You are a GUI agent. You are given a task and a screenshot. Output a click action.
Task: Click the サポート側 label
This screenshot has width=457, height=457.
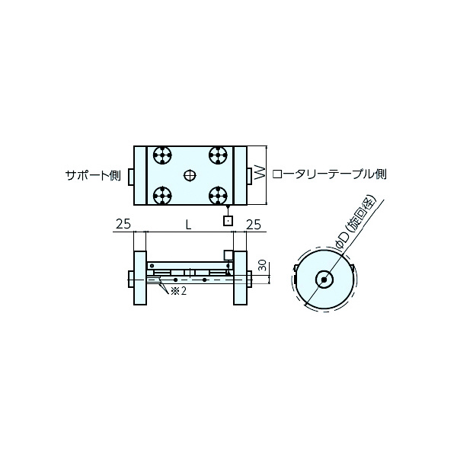(x=94, y=174)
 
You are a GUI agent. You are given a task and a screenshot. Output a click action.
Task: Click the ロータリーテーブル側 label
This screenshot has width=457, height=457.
(x=329, y=174)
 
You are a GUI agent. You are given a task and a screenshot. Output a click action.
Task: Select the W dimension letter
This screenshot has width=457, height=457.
(x=259, y=174)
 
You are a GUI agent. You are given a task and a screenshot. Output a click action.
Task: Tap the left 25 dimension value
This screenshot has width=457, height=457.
(x=123, y=224)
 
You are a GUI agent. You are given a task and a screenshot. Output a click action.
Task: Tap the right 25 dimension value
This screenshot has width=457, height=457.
(x=254, y=224)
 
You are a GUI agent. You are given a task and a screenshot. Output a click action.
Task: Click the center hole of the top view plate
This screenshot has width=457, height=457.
(x=190, y=175)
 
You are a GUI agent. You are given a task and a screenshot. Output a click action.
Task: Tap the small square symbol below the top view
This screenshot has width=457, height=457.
(x=226, y=221)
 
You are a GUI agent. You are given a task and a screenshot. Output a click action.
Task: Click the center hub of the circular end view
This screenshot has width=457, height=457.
(x=325, y=280)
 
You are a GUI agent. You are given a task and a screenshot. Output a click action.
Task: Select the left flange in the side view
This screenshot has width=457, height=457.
(x=139, y=278)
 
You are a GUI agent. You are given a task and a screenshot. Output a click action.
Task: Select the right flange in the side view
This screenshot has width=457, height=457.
(x=239, y=278)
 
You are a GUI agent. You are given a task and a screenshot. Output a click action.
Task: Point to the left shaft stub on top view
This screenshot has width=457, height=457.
(x=130, y=175)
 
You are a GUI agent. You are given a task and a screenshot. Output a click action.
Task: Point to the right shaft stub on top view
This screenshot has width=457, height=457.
(x=249, y=175)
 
